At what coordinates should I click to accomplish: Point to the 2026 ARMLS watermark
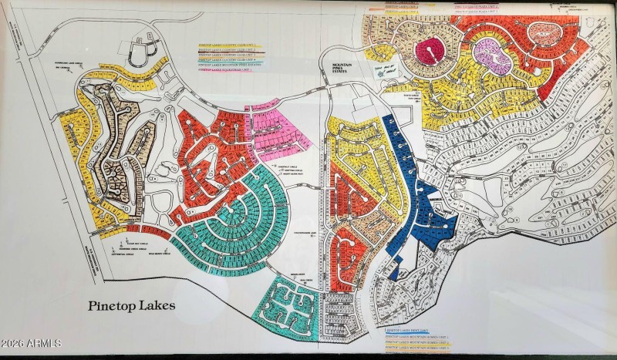(x=31, y=343)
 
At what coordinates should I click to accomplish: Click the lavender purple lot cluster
(x=490, y=54)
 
